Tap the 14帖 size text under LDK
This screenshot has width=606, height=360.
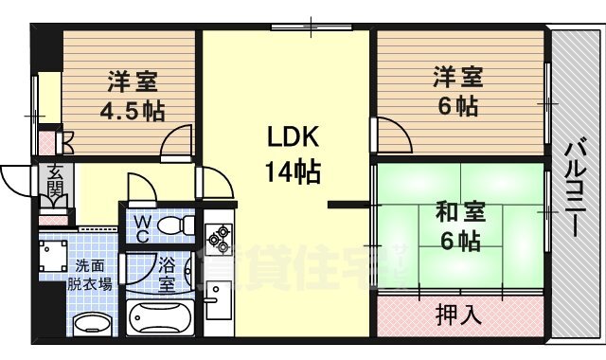291,172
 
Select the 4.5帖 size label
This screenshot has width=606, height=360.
133,111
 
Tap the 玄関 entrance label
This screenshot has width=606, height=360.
54,187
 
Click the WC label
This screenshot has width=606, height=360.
141,227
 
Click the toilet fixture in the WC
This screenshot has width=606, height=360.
172,227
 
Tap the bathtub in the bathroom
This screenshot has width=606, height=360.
160,317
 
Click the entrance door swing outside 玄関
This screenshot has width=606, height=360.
19,180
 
